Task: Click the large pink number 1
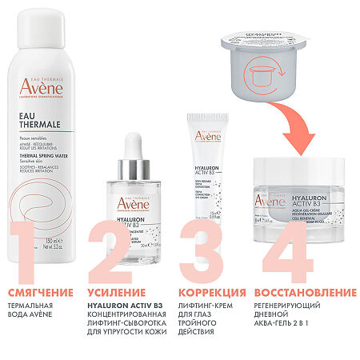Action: [x=30, y=244]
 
